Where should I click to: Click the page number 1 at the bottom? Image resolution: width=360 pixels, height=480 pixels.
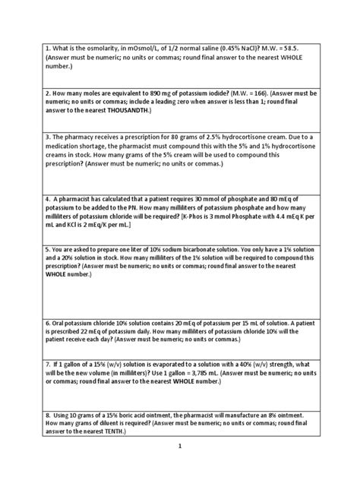pyautogui.click(x=179, y=469)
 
